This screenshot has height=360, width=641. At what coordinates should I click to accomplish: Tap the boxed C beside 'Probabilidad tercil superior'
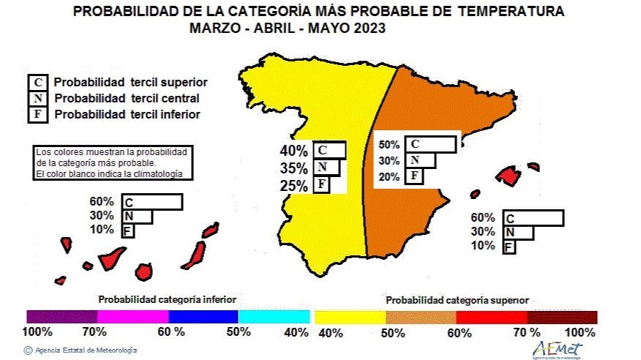tap(37, 82)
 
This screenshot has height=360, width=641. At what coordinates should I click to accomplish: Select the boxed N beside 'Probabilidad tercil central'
tap(37, 98)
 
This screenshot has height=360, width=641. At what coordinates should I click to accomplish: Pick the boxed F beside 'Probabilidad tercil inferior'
tap(37, 114)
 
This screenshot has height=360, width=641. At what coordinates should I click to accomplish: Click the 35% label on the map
tap(293, 168)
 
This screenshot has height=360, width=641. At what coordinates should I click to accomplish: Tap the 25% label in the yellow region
tap(293, 186)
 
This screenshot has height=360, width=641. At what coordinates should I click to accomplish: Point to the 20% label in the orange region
tap(389, 176)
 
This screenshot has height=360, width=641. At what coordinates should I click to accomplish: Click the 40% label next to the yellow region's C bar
tap(293, 151)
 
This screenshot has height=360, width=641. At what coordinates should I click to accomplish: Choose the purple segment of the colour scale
tap(61, 317)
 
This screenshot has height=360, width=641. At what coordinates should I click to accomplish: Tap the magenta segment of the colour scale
tap(132, 317)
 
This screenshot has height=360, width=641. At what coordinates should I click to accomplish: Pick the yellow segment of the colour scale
tap(350, 317)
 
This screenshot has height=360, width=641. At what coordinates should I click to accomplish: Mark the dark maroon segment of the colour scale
tap(562, 317)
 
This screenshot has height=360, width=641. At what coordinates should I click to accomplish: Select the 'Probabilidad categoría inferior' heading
tap(168, 299)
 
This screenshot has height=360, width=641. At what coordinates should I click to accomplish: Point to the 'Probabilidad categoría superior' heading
tap(457, 300)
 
